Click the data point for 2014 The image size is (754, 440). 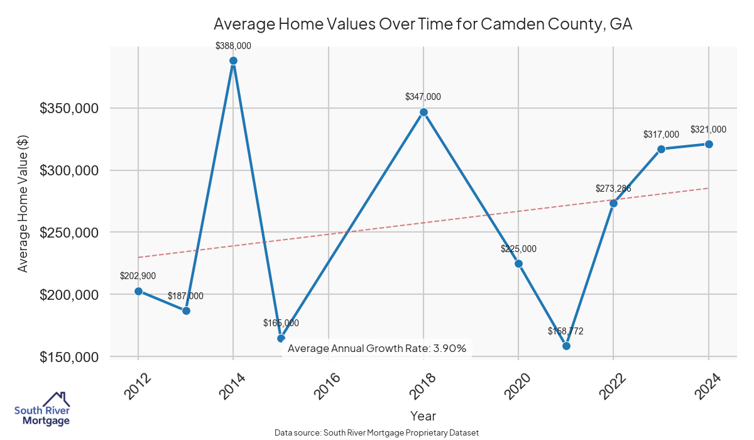(233, 61)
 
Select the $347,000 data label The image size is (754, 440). (423, 97)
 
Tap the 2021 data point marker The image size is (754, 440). (566, 346)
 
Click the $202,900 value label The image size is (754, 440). (138, 276)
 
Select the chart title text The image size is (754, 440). (423, 25)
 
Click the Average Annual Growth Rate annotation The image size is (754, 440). (377, 348)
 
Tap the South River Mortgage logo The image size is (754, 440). (42, 409)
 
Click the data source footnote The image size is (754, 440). (377, 432)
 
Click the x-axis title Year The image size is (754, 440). (423, 415)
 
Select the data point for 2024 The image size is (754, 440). (709, 144)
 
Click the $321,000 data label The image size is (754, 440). (708, 129)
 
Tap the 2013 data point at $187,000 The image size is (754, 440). (186, 311)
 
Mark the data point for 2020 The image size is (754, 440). (518, 263)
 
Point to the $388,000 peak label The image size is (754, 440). (233, 45)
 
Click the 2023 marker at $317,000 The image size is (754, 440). (661, 149)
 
